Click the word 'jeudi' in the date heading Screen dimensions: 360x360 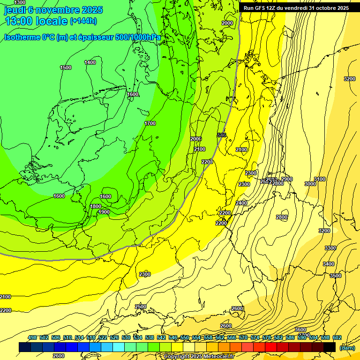pos(14,10)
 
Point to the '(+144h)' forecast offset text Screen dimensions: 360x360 pos(83,21)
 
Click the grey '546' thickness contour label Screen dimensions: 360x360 pos(222,135)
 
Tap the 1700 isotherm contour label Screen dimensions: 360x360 pos(150,123)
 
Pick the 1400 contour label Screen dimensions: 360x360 pos(90,62)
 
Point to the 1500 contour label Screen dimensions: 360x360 pos(66,67)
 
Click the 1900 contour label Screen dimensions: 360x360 pos(104,212)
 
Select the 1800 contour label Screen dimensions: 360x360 pos(96,206)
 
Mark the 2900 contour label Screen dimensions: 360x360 pos(287,179)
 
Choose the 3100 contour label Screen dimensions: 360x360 pos(320,179)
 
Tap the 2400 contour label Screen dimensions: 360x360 pos(241,203)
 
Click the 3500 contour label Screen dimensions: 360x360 pos(335,276)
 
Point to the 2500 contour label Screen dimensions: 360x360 pos(141,307)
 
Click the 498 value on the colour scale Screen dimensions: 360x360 pos(32,337)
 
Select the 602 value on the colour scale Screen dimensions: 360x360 pos(337,337)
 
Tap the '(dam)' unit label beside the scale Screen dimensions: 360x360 pos(347,347)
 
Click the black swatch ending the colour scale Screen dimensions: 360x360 pos(330,347)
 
